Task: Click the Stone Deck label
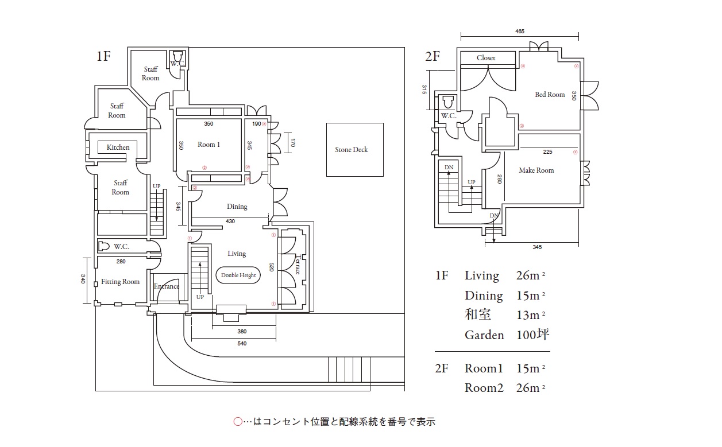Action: pos(352,150)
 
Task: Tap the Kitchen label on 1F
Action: pos(118,147)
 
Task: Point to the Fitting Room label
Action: pos(121,282)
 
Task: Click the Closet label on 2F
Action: pos(486,58)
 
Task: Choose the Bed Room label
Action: pos(550,95)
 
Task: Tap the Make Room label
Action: pos(536,170)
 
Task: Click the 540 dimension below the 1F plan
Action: pos(242,344)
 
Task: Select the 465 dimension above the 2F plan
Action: pos(520,32)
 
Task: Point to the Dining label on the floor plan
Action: pos(237,207)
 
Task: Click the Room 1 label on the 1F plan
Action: pos(209,145)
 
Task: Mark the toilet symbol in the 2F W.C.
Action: pos(448,102)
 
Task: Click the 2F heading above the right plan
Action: pos(432,56)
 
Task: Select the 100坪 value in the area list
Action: pos(533,335)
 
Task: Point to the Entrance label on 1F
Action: pos(167,286)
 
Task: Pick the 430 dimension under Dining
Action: pos(230,221)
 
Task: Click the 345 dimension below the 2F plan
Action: pos(537,247)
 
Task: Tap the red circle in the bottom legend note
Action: pos(238,422)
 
